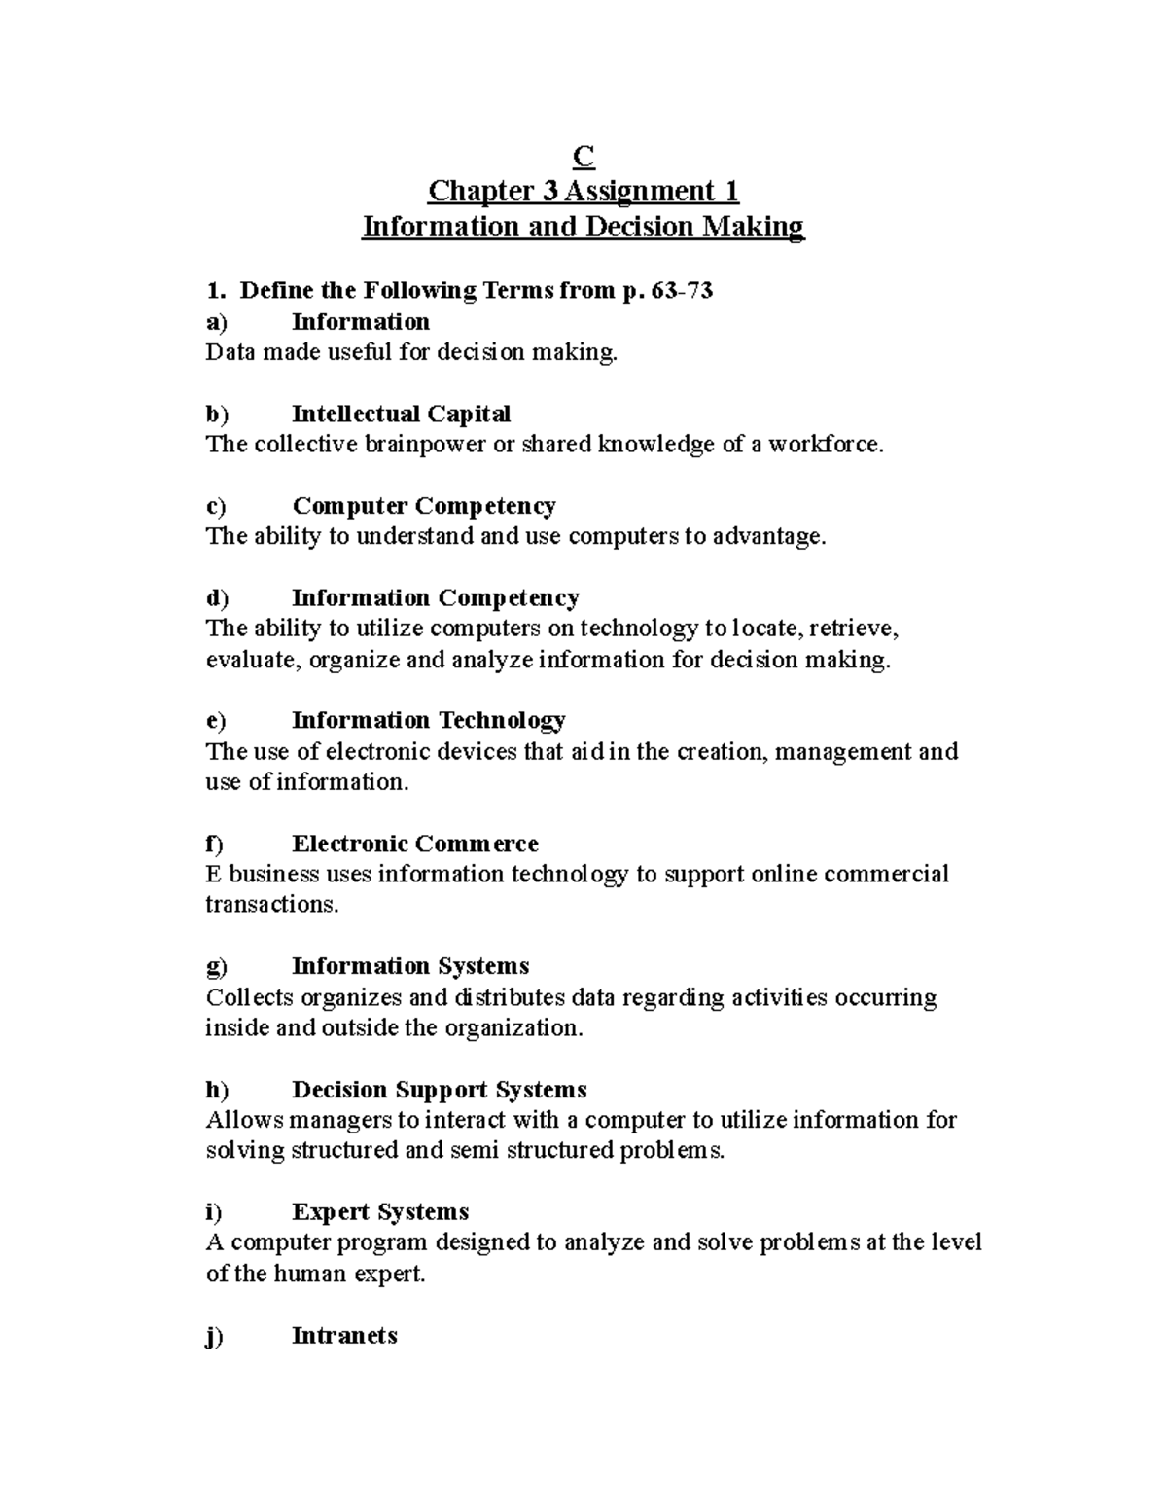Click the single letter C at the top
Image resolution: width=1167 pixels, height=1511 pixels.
coord(583,156)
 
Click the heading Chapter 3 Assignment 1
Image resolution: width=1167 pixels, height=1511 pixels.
coord(583,191)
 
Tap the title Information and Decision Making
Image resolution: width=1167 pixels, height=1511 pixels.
coord(583,227)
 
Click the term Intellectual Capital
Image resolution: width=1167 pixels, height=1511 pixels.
coord(401,414)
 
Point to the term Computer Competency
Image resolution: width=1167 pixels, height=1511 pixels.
coord(424,506)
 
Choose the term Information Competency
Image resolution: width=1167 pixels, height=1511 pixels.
coord(435,597)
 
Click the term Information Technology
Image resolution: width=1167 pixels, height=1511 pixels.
coord(428,720)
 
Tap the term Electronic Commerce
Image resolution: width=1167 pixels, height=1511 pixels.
coord(414,844)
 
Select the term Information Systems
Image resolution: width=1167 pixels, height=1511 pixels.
coord(410,966)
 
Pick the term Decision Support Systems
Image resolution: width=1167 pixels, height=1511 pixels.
coord(439,1089)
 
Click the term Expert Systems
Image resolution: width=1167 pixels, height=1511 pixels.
coord(380,1211)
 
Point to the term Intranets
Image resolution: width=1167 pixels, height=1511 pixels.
coord(344,1335)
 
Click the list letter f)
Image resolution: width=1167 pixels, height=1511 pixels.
coord(214,844)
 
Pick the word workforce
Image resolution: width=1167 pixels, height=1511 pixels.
coord(826,445)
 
